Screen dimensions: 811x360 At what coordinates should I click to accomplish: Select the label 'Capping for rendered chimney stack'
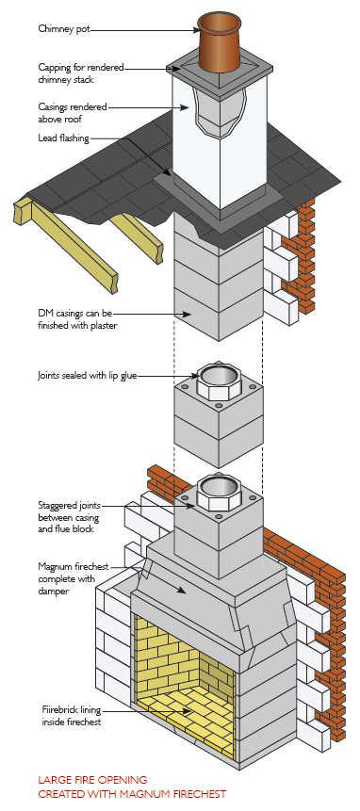point(79,73)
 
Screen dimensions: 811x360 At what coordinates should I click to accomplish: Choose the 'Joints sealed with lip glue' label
point(89,375)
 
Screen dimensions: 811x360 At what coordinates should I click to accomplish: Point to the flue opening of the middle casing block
point(218,379)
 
